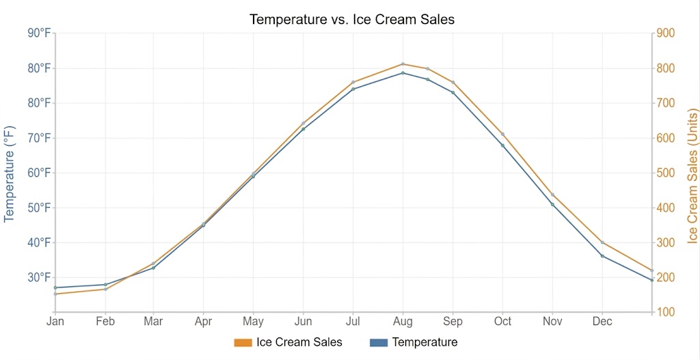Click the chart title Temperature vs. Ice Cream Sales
352,19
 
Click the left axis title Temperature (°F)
10,174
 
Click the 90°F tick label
39,33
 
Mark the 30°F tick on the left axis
39,277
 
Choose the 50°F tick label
39,208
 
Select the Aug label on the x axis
403,322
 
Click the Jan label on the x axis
55,322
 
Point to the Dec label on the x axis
602,322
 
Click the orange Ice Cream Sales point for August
403,64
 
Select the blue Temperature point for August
403,72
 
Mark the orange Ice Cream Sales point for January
55,294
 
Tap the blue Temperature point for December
602,256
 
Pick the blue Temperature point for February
105,284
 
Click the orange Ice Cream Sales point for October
502,134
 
